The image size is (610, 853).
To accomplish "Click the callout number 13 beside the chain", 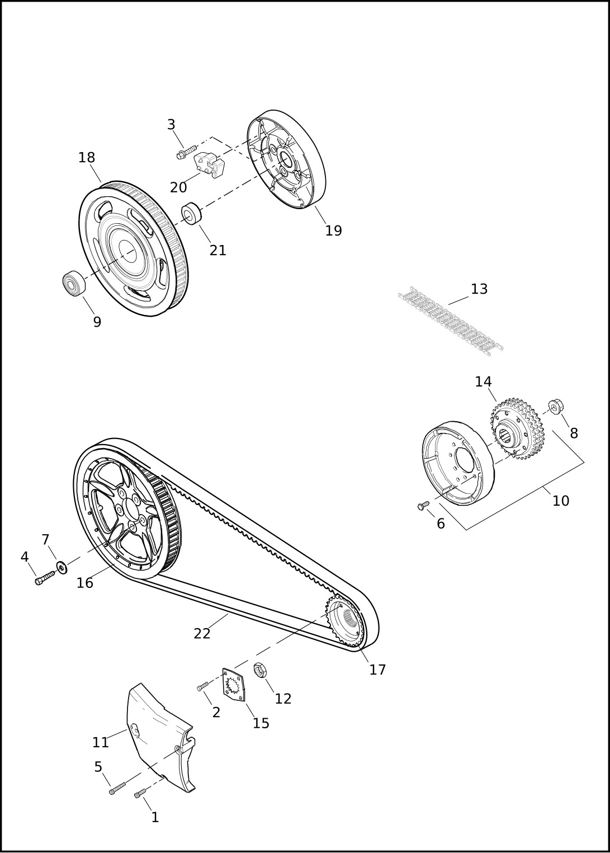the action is coord(479,289).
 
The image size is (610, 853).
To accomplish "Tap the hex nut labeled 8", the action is coord(556,407).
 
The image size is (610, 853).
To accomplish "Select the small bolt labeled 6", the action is coord(423,505).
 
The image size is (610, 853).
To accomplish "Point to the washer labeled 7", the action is coord(62,568).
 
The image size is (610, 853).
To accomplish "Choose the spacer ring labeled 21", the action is coord(191,214).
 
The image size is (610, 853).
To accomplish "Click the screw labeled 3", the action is coord(186,151).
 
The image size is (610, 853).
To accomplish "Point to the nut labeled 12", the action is coord(261,669).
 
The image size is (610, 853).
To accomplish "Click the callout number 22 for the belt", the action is coord(202,634).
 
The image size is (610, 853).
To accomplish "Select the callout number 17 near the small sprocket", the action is coord(377,670).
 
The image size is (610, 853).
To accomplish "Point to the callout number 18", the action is coord(87,158).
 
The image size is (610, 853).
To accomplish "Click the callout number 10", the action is coord(561,501).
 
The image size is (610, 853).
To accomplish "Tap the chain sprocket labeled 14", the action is coord(517,428).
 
